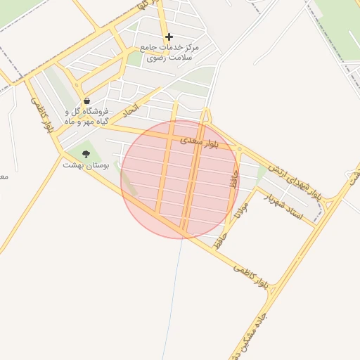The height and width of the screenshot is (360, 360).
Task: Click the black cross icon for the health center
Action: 169,37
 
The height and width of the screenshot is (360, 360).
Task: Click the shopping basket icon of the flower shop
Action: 86,101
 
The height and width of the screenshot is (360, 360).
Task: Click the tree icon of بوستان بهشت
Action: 86,154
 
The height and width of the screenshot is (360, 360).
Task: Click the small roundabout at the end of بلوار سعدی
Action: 239,149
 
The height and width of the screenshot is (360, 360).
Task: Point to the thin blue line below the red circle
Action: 175,295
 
